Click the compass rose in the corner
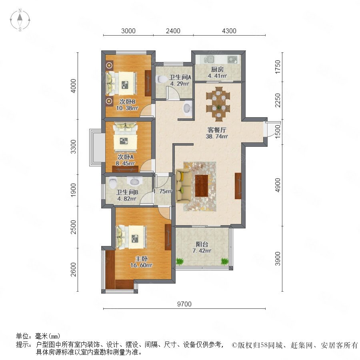[x=20, y=20]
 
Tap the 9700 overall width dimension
[x=184, y=304]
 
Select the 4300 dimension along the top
[x=229, y=31]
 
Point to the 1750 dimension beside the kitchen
[x=278, y=67]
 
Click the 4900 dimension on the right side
[x=278, y=185]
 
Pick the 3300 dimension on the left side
[x=73, y=146]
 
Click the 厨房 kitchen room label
[x=217, y=69]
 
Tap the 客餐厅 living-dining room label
[x=217, y=130]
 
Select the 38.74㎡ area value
[x=217, y=136]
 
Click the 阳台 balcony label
[x=202, y=244]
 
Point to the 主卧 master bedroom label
[x=141, y=259]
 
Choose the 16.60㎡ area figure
[x=141, y=265]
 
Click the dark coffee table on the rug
[x=202, y=186]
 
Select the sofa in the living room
[x=184, y=186]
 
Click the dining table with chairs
[x=218, y=104]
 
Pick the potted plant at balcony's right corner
[x=225, y=261]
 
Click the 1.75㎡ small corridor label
[x=162, y=191]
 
